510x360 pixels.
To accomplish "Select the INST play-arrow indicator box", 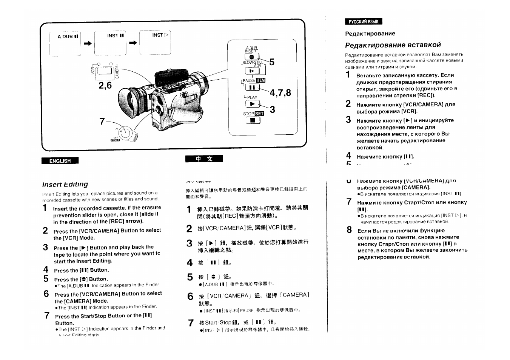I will (155, 42).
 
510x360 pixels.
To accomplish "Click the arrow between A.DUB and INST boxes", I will (88, 44).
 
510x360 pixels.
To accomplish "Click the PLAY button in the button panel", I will (253, 104).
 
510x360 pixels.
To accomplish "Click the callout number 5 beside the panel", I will (272, 62).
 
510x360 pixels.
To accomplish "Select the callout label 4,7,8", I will (280, 93).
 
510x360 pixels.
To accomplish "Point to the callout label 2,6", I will (105, 85).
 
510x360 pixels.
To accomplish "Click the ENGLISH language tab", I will (60, 161).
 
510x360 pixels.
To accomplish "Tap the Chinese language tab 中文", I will (204, 159).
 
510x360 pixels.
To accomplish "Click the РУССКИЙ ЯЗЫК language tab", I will (363, 22).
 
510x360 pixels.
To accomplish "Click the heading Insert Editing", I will (65, 184).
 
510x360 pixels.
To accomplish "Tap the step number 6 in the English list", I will (46, 294).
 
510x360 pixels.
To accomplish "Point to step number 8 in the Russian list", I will (349, 230).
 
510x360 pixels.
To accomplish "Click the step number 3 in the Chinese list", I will (190, 243).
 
